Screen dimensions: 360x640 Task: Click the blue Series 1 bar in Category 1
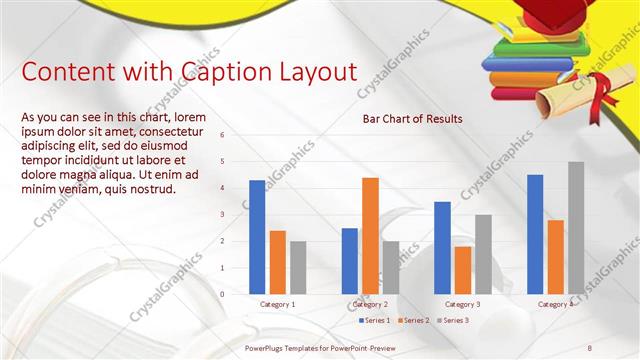(x=257, y=237)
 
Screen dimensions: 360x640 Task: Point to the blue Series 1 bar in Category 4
(x=535, y=234)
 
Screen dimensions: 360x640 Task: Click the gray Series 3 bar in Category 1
(x=298, y=267)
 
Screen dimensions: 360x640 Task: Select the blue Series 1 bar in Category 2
(x=349, y=261)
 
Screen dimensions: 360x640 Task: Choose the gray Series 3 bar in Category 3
(x=483, y=254)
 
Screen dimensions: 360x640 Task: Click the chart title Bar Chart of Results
(x=412, y=119)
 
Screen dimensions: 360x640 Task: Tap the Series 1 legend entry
(x=375, y=320)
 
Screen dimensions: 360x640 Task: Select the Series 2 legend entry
(x=414, y=320)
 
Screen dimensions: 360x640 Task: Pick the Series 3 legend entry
(x=453, y=320)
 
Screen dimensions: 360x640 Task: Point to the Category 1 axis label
(x=277, y=303)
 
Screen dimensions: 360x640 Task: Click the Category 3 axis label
(x=462, y=303)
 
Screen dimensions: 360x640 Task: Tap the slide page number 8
(x=589, y=347)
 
